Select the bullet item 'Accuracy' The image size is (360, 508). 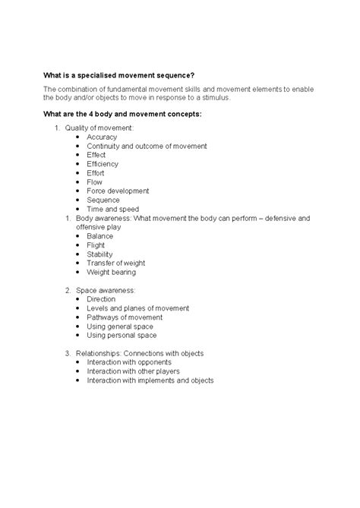102,137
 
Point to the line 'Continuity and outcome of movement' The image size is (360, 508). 147,146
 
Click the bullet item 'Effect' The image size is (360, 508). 96,155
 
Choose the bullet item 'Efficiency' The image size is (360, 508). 103,164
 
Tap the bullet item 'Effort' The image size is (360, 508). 96,172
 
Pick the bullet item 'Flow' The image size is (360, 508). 95,181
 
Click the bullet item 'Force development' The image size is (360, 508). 118,191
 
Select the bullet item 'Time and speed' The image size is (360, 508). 112,209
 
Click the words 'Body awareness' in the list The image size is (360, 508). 103,218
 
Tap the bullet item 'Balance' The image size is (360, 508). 100,236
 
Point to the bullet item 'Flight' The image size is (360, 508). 97,245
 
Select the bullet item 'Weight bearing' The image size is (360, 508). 112,272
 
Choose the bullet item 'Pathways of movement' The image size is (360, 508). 125,317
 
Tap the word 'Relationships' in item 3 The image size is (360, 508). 98,353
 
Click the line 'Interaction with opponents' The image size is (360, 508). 131,362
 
